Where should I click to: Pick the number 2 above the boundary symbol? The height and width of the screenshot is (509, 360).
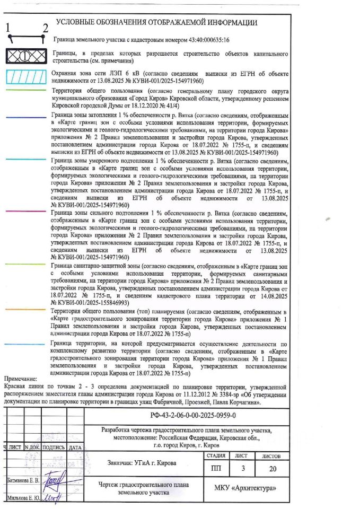45,28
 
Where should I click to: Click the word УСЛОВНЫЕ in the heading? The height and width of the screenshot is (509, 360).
77,22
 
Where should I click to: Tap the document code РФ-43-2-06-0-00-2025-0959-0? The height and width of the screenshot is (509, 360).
193,415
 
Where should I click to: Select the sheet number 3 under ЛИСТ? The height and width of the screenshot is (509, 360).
243,468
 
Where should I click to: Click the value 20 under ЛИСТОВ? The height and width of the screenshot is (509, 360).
273,468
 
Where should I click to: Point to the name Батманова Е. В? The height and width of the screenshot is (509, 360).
23,480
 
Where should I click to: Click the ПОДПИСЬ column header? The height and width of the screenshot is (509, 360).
53,447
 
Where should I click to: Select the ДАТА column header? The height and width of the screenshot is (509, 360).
75,447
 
